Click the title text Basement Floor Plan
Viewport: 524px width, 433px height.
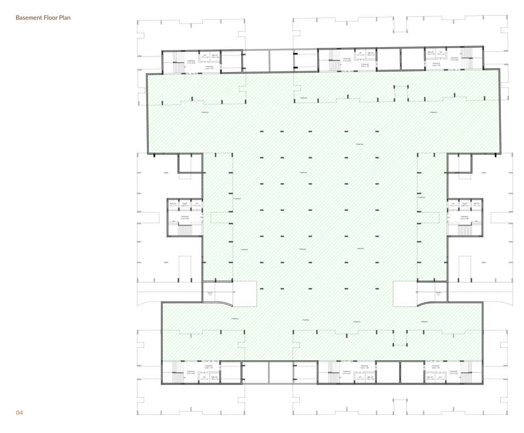click(43, 18)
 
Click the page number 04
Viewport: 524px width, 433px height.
click(20, 413)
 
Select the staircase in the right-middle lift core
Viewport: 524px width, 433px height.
click(465, 229)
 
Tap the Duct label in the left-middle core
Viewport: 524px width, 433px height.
click(185, 205)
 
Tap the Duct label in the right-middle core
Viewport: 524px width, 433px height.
click(465, 205)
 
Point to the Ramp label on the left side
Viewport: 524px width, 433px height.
click(210, 294)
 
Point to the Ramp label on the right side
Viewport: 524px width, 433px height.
click(438, 294)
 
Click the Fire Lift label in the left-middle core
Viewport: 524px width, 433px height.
click(173, 205)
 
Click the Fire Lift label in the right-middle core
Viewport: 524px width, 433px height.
click(477, 205)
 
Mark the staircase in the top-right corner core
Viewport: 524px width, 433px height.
click(467, 56)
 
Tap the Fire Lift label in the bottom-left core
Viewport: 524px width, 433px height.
click(215, 378)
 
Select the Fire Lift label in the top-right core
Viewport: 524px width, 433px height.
click(430, 53)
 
